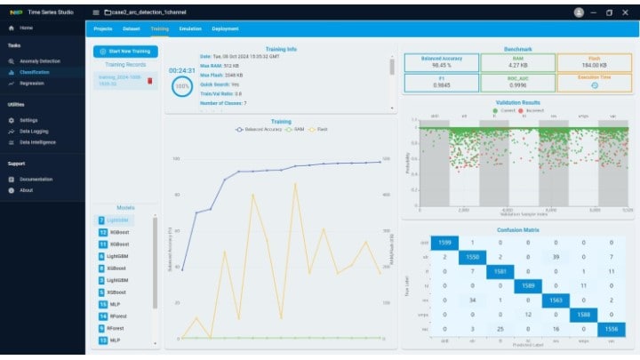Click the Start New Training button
(126, 52)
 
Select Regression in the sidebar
(32, 83)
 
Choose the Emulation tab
(189, 28)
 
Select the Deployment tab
(225, 28)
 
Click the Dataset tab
(132, 28)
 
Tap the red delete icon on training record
(149, 81)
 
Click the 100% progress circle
(182, 87)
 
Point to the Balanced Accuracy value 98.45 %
(440, 64)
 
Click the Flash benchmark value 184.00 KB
(594, 64)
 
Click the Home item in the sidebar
(27, 28)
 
